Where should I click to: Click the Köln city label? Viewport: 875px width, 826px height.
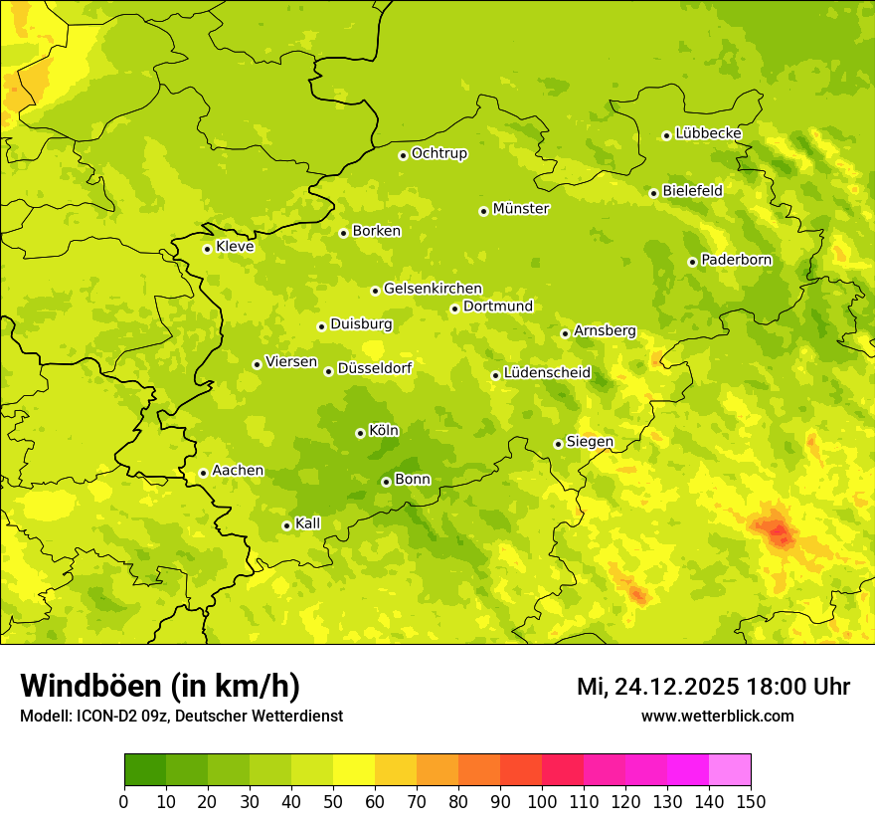click(x=383, y=431)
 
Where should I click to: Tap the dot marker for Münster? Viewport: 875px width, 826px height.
click(x=484, y=211)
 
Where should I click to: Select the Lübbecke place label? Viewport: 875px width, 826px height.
click(x=708, y=133)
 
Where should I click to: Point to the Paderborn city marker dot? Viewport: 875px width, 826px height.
click(x=693, y=262)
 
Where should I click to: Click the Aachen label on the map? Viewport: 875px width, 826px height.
click(x=238, y=471)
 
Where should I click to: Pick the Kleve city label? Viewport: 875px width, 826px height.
click(x=235, y=247)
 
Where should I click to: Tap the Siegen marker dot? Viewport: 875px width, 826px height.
click(x=559, y=445)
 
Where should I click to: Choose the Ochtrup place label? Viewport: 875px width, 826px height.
click(x=438, y=153)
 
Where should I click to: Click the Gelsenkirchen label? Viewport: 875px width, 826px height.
click(x=433, y=289)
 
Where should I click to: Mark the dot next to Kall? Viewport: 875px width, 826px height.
click(x=287, y=525)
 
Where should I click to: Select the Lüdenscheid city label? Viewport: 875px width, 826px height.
click(x=547, y=373)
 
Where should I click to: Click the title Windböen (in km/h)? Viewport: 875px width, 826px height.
click(x=160, y=686)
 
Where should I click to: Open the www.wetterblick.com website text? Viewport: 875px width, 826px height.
click(x=717, y=716)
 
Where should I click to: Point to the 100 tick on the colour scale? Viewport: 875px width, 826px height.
click(x=542, y=801)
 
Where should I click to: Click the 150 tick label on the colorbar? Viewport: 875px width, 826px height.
click(x=751, y=801)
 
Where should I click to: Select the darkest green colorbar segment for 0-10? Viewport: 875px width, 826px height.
click(x=145, y=770)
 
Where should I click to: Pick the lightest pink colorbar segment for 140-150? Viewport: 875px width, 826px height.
click(x=730, y=770)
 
